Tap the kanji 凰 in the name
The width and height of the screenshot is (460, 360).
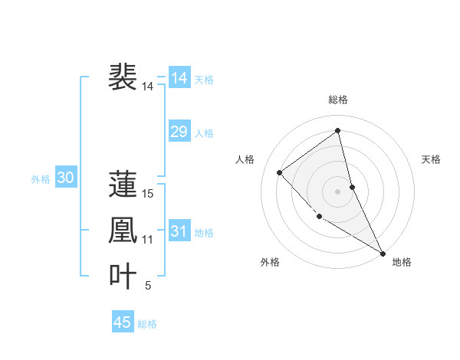coord(123,230)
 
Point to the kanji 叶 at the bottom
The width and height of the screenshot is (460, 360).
coord(123,276)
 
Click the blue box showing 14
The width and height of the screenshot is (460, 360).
coord(179,78)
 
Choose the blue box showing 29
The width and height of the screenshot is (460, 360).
coord(179,132)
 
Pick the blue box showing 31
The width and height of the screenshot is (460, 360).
coord(179,231)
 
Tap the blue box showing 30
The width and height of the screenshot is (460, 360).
coord(65,178)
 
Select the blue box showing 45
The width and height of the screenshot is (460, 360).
coord(123,322)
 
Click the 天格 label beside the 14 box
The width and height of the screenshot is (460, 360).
coord(204,79)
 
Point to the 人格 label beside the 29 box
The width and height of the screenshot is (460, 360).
coord(204,133)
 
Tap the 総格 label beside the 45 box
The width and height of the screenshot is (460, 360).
coord(147,323)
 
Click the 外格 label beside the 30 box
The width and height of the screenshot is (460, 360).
coord(41,179)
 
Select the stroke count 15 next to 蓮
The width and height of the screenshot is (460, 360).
coord(148,194)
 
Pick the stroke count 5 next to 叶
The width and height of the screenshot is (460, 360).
coord(148,286)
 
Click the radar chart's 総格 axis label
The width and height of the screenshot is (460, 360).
coord(337,100)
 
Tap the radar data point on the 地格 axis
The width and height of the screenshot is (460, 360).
coord(383,253)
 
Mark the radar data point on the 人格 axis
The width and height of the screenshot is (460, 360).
coord(280,172)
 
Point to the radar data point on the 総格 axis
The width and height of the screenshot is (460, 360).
coord(337,131)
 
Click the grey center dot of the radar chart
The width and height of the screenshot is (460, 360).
coord(337,191)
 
